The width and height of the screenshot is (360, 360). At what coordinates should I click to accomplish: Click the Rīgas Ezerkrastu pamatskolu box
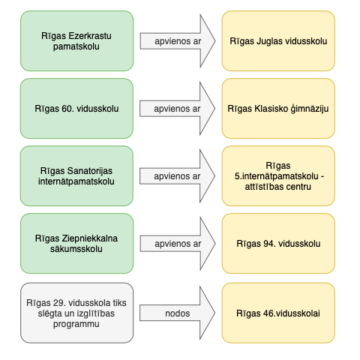[76, 41]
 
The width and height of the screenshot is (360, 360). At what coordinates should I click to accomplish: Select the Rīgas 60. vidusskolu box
[76, 109]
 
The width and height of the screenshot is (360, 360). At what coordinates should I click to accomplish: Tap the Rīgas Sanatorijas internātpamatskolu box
[76, 176]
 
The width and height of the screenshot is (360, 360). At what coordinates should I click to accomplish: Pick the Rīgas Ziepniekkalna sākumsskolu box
[76, 244]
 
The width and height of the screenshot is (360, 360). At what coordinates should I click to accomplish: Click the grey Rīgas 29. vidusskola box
[76, 313]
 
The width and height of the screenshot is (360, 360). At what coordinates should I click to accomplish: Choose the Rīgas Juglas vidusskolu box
[278, 41]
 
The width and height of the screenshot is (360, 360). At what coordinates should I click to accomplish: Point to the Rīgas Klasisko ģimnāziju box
[278, 109]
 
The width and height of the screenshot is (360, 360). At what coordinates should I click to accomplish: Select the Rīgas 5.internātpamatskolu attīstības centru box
[278, 176]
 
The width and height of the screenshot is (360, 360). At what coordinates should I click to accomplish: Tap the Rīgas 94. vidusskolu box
[278, 244]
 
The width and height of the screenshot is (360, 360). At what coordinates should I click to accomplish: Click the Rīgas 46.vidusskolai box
[278, 313]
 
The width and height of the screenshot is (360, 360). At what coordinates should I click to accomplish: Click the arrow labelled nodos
[178, 313]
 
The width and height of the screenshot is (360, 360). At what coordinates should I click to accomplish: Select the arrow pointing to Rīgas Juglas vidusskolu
[178, 41]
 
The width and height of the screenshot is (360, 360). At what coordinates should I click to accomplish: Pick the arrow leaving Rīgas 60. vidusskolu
[178, 109]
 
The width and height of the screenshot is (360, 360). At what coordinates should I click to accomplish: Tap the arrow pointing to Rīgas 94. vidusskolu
[178, 244]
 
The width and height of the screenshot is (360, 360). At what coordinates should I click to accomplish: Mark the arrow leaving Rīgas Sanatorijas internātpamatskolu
[178, 176]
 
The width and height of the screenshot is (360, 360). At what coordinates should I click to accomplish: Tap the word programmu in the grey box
[76, 324]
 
